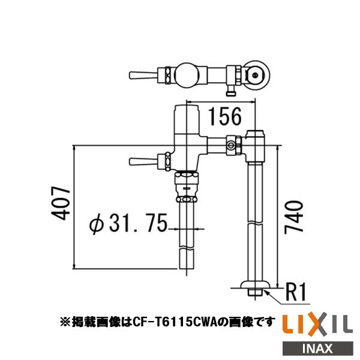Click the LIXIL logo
tap(317, 325)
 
